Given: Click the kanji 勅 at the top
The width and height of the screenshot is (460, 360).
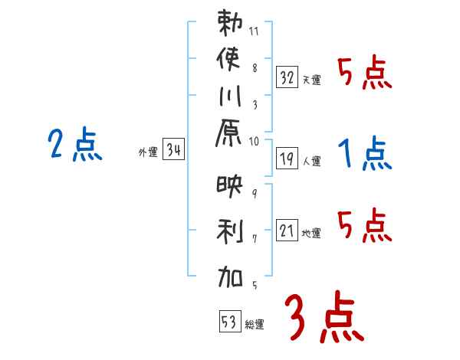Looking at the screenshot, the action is point(230,24).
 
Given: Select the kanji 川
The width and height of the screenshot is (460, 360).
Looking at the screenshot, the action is point(230,99).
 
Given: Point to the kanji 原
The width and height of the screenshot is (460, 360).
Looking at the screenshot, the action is point(230,136).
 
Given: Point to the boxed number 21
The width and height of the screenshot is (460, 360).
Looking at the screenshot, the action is point(287,230).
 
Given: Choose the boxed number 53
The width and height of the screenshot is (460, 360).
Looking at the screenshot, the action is point(228,322).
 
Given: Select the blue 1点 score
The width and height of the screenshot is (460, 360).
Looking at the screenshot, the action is point(365,154).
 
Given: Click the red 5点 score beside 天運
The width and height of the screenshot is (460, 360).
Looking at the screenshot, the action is point(365,74).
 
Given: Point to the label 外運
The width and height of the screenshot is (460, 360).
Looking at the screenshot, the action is point(147,152).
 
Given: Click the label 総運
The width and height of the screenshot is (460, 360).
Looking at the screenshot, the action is point(255,325).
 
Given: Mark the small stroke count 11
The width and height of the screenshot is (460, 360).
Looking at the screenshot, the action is point(254,33).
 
